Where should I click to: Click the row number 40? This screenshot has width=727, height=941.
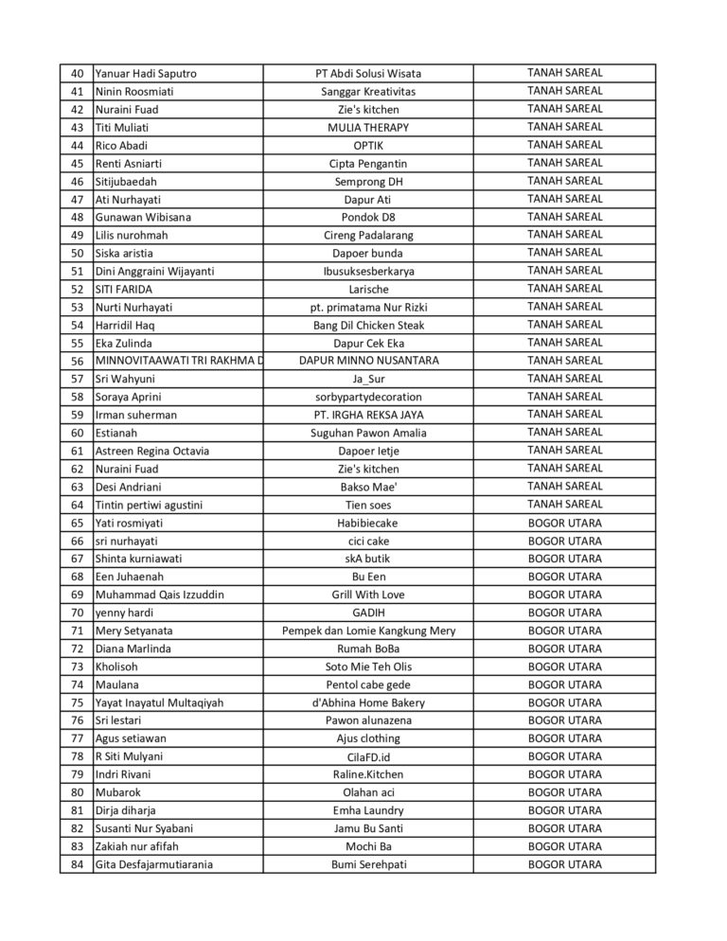pos(77,73)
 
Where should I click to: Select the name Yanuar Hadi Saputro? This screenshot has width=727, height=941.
pos(146,73)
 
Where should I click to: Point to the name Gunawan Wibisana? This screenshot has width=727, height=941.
pos(143,217)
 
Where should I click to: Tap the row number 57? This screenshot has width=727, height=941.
pos(77,379)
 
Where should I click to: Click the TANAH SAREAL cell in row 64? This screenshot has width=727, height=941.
pos(564,505)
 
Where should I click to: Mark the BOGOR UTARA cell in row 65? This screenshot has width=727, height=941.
pos(564,523)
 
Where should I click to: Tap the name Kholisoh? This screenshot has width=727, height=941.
pos(116,666)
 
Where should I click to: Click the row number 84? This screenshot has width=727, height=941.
pos(77,864)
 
